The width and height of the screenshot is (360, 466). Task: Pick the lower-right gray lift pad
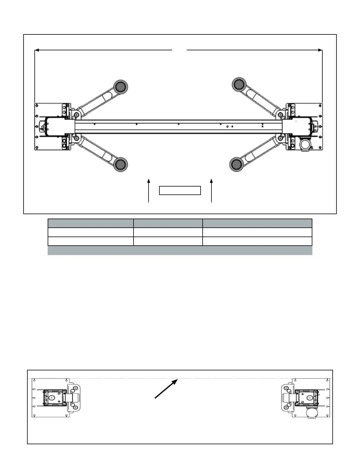[x=236, y=164]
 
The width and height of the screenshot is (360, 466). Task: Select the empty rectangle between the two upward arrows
[x=180, y=190]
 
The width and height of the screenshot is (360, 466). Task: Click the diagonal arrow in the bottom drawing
[x=166, y=389]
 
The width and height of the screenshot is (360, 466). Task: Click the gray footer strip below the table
[x=180, y=250]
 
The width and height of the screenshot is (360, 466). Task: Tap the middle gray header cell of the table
[x=168, y=223]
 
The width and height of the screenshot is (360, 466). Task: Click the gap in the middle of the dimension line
[x=179, y=50]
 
